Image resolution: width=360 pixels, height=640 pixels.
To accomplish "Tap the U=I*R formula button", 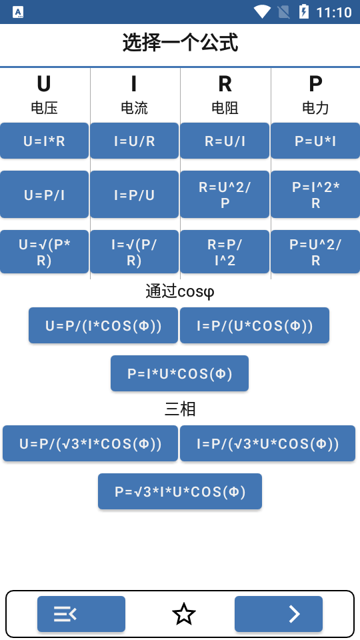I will [44, 141].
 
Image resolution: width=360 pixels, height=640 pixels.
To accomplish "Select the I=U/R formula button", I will [134, 141].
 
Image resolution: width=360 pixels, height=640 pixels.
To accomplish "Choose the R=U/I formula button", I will [225, 141].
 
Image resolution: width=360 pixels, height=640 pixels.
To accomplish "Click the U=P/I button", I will [44, 195].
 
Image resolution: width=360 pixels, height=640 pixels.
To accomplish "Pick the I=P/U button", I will [134, 195].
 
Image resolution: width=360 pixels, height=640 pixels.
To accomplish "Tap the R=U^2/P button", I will [225, 195].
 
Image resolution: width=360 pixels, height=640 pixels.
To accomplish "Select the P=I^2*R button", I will [315, 195].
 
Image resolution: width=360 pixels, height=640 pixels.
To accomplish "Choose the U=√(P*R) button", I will [44, 252].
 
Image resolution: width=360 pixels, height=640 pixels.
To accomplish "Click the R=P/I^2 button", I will [225, 252].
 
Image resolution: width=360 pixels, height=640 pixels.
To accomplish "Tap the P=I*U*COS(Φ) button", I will [179, 373].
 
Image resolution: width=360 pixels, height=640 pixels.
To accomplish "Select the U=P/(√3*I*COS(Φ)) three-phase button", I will [90, 443].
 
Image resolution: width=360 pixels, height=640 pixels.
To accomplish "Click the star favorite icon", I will [183, 614].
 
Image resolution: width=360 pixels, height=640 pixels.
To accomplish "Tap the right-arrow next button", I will [279, 614].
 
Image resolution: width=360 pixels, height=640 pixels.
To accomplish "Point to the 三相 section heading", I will [180, 409].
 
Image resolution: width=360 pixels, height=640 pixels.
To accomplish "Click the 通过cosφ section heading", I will [180, 291].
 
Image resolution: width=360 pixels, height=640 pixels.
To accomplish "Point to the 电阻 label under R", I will [225, 108].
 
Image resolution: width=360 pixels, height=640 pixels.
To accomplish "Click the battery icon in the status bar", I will [304, 12].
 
